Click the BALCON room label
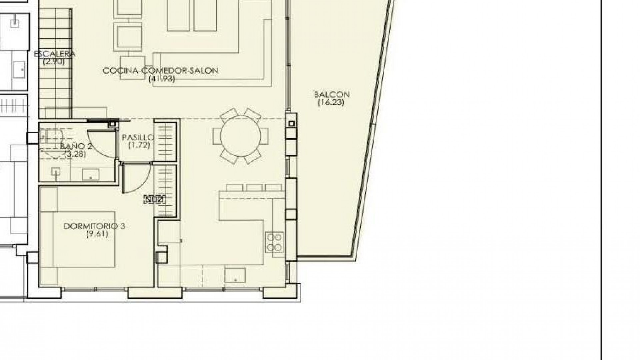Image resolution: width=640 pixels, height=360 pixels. pyautogui.click(x=332, y=95)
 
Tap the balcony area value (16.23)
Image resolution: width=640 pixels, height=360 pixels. pyautogui.click(x=331, y=103)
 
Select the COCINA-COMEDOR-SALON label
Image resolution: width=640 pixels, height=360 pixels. pyautogui.click(x=160, y=71)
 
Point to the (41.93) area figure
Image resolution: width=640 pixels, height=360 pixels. pyautogui.click(x=162, y=79)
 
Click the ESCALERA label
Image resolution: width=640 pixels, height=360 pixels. pyautogui.click(x=55, y=54)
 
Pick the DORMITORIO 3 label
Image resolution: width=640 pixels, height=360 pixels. pyautogui.click(x=94, y=226)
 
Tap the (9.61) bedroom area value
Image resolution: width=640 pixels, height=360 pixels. pyautogui.click(x=97, y=234)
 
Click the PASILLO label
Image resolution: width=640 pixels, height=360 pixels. pyautogui.click(x=138, y=137)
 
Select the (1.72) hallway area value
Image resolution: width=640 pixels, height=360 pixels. pyautogui.click(x=139, y=145)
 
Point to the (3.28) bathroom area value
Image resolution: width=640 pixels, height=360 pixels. pyautogui.click(x=75, y=154)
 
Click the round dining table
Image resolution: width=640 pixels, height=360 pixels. pyautogui.click(x=240, y=136)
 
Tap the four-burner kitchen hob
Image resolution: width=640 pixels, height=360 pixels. pyautogui.click(x=274, y=242)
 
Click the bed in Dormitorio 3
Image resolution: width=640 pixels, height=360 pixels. pyautogui.click(x=78, y=239)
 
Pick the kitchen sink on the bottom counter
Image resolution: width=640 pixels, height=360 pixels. pyautogui.click(x=235, y=275)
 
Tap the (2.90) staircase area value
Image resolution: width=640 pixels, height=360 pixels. pyautogui.click(x=54, y=62)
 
